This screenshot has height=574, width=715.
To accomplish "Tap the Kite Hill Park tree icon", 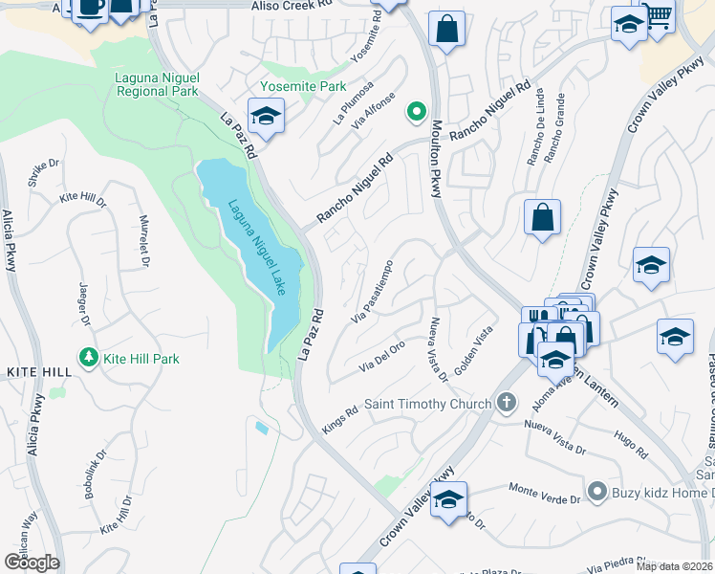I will click(90, 358).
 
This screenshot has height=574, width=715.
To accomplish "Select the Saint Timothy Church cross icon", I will click(508, 403).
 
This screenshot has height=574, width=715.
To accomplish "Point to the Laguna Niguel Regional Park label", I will click(157, 85).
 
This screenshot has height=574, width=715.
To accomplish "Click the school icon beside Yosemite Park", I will click(265, 118).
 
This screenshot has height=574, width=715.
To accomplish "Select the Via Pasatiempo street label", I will click(373, 291).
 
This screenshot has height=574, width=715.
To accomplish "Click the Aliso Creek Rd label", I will click(291, 6).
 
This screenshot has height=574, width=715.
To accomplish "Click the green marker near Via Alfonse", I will click(416, 112).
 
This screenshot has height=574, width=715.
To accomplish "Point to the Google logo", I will click(32, 563).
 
